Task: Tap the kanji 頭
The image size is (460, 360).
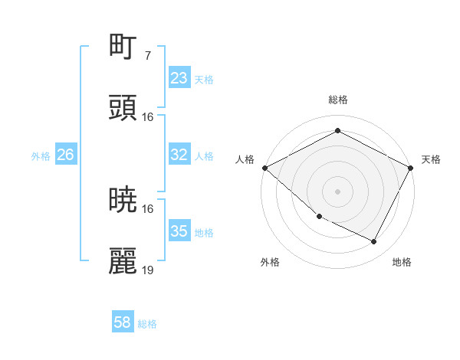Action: point(123,109)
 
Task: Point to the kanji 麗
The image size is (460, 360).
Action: point(123,262)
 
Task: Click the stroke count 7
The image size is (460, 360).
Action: point(147,55)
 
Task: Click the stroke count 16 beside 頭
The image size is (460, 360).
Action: point(148,116)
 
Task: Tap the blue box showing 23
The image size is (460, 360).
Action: point(179,78)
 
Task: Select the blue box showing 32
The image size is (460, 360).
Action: point(179,155)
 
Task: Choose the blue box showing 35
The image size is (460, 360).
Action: point(179,231)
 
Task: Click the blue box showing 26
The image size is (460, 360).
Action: point(65,155)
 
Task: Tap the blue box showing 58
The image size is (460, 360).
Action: point(123,322)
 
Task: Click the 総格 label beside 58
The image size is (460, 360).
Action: point(147,324)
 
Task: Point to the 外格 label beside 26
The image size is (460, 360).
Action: point(41,156)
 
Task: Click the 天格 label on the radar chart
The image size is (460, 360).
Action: point(431,159)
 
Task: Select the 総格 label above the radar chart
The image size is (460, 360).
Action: point(337,100)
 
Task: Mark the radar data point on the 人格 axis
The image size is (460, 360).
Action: point(264,168)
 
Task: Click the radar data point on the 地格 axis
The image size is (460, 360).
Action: point(374,241)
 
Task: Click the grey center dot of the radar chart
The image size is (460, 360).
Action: point(337,191)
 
